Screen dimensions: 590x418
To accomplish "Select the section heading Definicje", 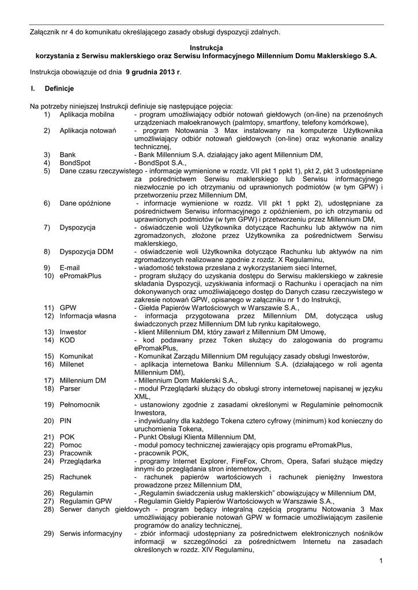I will (x=59, y=89).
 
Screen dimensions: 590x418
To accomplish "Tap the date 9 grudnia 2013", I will (x=151, y=73).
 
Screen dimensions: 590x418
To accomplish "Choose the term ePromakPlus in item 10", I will (x=80, y=276).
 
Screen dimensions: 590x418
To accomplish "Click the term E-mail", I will (x=69, y=268).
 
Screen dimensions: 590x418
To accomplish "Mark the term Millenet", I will (x=72, y=365).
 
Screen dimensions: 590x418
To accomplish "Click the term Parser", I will (x=69, y=389).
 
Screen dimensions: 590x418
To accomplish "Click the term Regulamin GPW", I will (x=86, y=502).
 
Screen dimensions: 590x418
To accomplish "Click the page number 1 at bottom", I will (x=382, y=561).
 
